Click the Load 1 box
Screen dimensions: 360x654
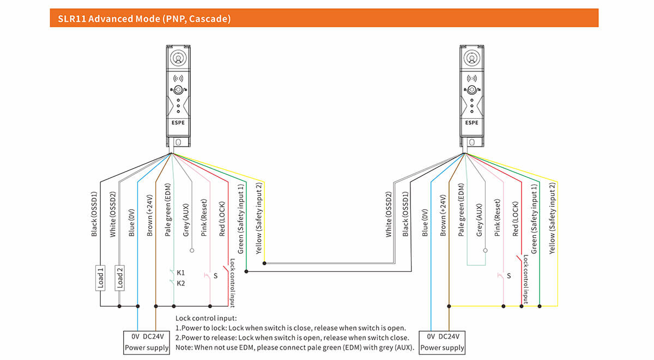[101, 277]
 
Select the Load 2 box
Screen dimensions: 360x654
[119, 277]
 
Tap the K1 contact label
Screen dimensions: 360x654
[181, 272]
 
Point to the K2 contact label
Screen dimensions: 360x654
[181, 283]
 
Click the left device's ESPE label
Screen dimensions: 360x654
[178, 123]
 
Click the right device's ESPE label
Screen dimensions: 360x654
[471, 123]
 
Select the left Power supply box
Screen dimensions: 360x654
[147, 342]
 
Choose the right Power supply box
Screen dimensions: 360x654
[442, 342]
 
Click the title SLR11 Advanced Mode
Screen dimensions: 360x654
[144, 19]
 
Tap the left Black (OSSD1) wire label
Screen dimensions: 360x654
[94, 214]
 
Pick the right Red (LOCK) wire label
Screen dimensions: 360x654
[515, 215]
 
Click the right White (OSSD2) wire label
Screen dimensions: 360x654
[389, 214]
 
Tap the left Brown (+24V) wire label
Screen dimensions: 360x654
[149, 215]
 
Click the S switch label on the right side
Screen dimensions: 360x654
[508, 276]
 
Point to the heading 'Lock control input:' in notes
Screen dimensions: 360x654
[206, 318]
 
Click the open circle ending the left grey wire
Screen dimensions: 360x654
[192, 251]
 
